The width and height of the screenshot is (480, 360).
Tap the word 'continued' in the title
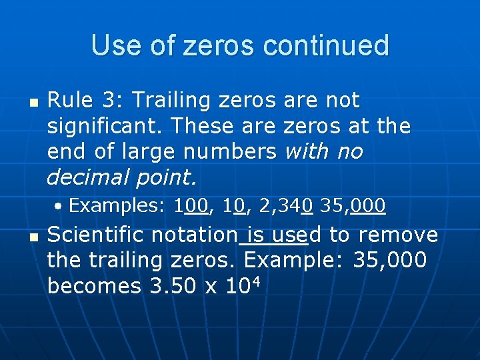326,45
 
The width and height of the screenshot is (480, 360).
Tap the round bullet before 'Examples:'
59,207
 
